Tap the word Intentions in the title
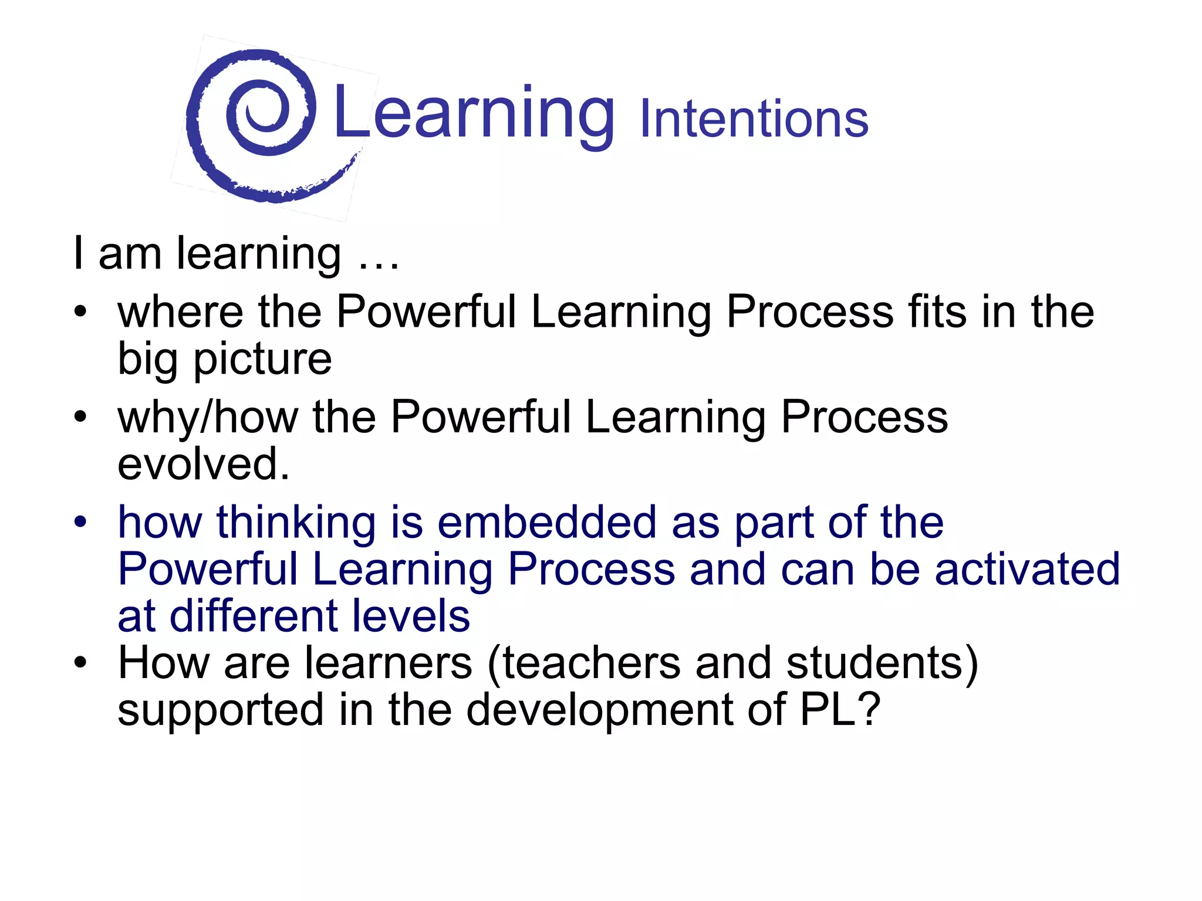pyautogui.click(x=754, y=120)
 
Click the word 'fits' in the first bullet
pyautogui.click(x=937, y=311)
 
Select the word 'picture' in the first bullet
pyautogui.click(x=262, y=359)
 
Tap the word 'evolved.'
pyautogui.click(x=204, y=464)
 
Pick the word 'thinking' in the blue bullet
pyautogui.click(x=296, y=523)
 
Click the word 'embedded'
pyautogui.click(x=546, y=523)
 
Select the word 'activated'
pyautogui.click(x=1027, y=570)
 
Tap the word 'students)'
pyautogui.click(x=882, y=663)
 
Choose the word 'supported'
pyautogui.click(x=221, y=710)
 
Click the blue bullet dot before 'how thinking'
pyautogui.click(x=80, y=521)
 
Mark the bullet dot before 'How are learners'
pyautogui.click(x=80, y=662)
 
